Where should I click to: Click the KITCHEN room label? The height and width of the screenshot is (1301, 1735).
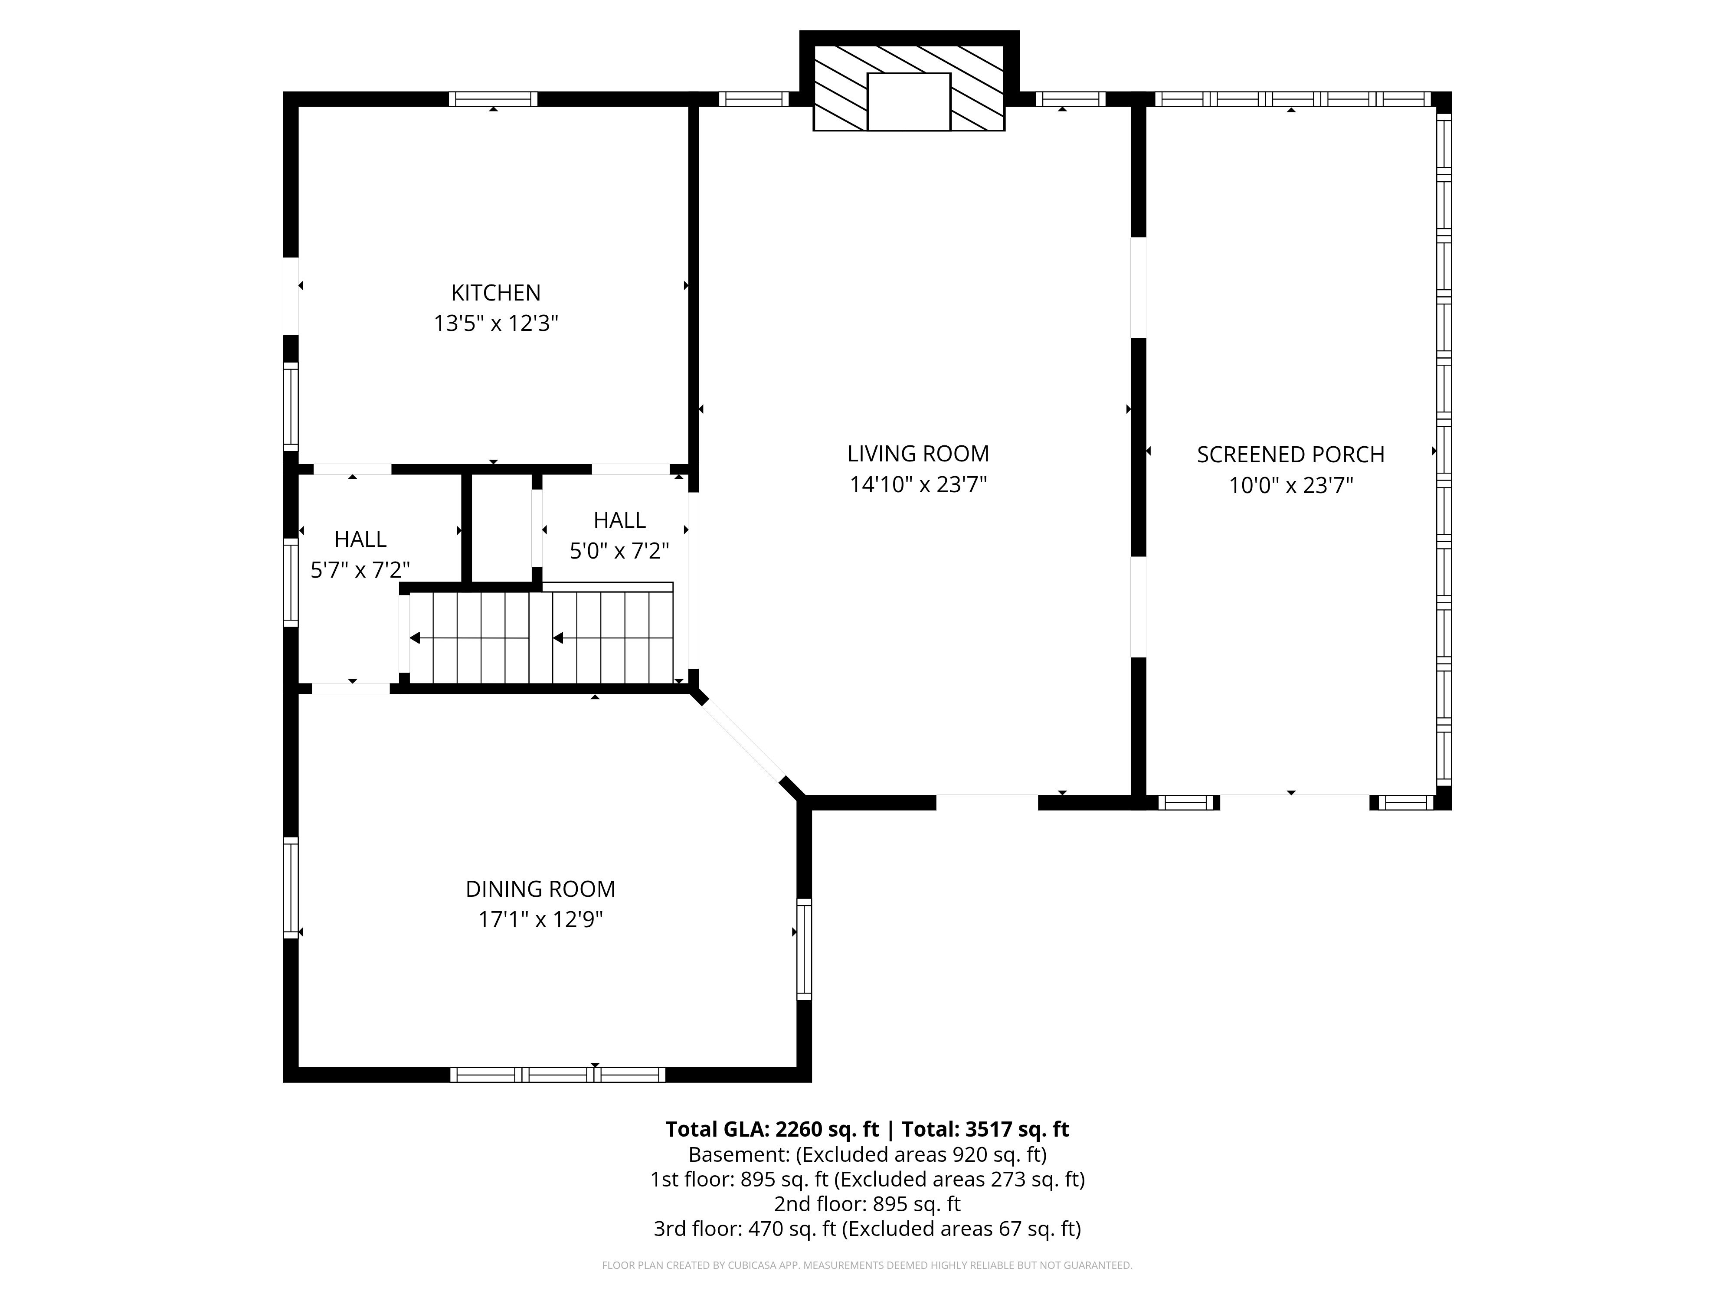tap(496, 293)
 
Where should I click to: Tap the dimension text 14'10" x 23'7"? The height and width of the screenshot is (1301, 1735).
tap(918, 485)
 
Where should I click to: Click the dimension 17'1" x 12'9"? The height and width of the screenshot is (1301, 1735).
tap(540, 919)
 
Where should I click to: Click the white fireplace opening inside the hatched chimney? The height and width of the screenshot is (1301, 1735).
tap(908, 102)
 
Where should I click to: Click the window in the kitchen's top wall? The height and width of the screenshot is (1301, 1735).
tap(493, 99)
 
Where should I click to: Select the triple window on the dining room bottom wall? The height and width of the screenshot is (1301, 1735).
tap(558, 1074)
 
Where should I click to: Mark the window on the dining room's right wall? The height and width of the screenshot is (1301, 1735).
tap(804, 949)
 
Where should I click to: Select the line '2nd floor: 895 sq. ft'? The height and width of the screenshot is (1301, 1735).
tap(867, 1204)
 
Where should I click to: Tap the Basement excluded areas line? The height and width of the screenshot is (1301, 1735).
tap(867, 1154)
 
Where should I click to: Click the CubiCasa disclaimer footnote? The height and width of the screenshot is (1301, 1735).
tap(867, 1265)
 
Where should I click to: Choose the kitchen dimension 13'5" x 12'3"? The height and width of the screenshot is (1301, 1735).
tap(496, 323)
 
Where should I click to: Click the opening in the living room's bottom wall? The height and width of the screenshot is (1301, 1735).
tap(987, 802)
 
